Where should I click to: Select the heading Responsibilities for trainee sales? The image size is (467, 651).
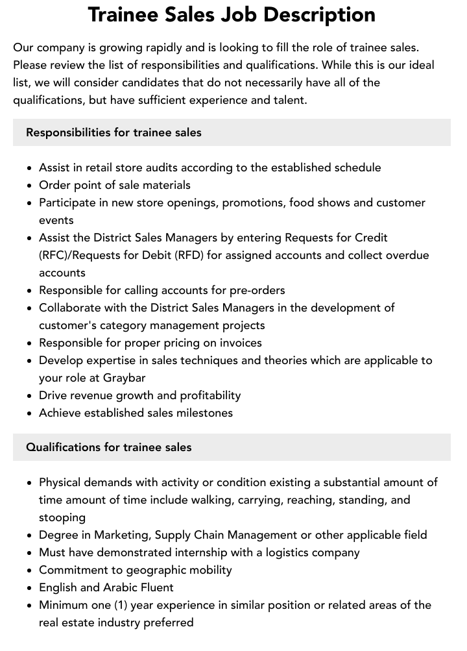(x=114, y=132)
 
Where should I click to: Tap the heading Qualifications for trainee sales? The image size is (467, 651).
(x=108, y=447)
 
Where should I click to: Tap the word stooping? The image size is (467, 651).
(x=62, y=517)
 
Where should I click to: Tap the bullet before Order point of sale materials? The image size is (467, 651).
(x=30, y=185)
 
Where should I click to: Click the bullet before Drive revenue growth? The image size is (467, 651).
(x=30, y=395)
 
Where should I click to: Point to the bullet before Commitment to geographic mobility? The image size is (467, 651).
(x=30, y=570)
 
